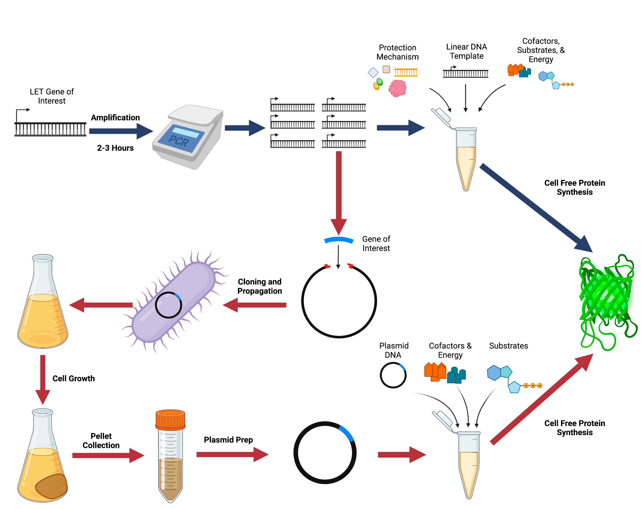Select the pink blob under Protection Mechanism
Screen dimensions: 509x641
(x=398, y=88)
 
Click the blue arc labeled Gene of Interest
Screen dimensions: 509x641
(x=339, y=240)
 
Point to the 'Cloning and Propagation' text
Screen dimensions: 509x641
(x=260, y=286)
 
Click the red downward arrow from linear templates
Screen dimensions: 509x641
(x=339, y=190)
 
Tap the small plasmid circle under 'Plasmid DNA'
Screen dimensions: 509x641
(x=393, y=375)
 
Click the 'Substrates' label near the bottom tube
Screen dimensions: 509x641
(x=508, y=346)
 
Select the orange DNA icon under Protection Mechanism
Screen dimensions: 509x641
(x=406, y=72)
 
